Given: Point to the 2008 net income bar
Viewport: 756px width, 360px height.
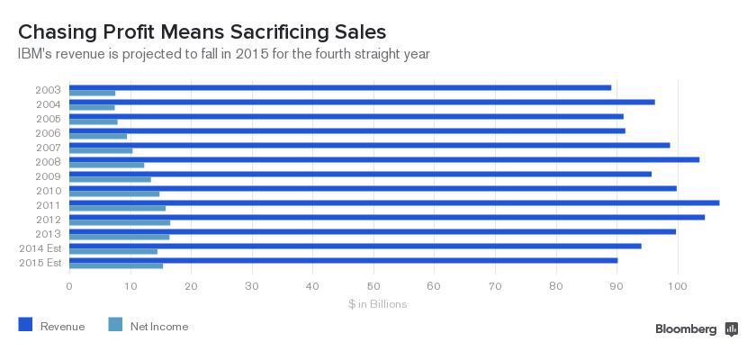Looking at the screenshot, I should [x=106, y=165].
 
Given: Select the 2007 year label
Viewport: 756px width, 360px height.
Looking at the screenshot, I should [x=49, y=148].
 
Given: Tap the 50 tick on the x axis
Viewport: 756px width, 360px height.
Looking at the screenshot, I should [x=373, y=287].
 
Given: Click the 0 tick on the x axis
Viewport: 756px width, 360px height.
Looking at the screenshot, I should [x=69, y=287].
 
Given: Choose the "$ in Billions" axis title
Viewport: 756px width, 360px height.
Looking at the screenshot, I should [x=378, y=304].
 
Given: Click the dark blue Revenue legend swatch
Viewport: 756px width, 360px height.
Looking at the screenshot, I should [x=25, y=326].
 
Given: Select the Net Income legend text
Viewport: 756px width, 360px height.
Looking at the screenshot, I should [x=159, y=327].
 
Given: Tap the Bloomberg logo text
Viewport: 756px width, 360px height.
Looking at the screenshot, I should [x=686, y=329].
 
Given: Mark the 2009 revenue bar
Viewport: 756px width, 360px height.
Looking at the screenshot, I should [x=360, y=174].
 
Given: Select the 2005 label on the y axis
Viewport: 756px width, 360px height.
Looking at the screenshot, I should [x=49, y=119].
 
